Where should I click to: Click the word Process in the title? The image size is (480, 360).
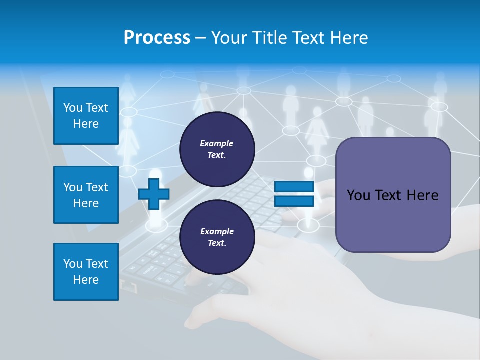[x=157, y=38]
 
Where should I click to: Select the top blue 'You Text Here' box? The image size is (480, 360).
[x=86, y=116]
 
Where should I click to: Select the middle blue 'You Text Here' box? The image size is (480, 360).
[x=86, y=195]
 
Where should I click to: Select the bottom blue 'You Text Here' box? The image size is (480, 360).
[x=86, y=272]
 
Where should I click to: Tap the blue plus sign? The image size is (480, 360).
[x=154, y=194]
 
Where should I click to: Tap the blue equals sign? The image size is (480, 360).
[x=294, y=194]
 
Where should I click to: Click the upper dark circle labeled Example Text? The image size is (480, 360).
[x=217, y=149]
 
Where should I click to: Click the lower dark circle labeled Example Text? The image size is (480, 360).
[x=217, y=237]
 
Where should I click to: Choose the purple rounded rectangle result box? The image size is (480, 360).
[x=393, y=220]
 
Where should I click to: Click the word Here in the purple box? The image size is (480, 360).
[x=422, y=195]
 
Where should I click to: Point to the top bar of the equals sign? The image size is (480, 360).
[x=294, y=187]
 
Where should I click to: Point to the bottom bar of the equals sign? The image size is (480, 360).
[x=294, y=201]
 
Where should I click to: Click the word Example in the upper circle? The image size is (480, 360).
[x=216, y=144]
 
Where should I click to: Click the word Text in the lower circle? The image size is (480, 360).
[x=216, y=243]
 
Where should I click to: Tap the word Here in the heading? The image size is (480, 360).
[x=348, y=38]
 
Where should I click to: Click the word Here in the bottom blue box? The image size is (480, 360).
[x=86, y=280]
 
